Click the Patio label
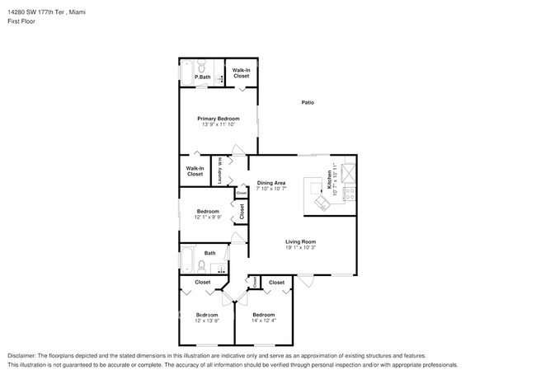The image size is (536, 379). pos(307,103)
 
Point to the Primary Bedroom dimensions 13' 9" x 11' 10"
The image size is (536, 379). pos(218,124)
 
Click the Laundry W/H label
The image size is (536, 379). pos(219,171)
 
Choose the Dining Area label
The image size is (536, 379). pos(271,182)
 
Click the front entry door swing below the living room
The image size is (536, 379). pos(306,283)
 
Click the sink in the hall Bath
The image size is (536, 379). pos(219,268)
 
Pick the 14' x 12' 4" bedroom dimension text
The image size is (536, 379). pos(264,321)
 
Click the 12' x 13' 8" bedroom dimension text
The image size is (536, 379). pos(207,321)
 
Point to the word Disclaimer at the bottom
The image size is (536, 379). pos(25,355)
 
